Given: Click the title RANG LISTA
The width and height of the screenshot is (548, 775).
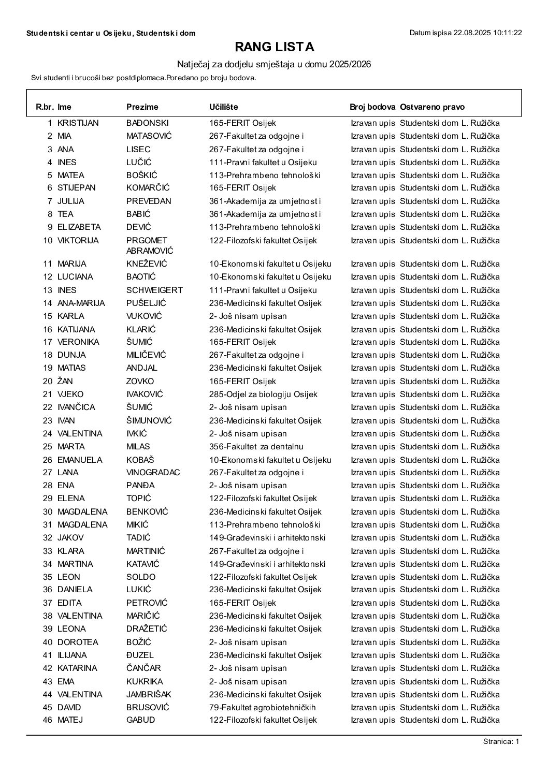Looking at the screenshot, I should (275, 47).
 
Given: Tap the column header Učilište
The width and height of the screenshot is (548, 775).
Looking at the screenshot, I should (224, 107).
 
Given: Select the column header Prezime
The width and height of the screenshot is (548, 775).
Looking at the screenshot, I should (142, 107).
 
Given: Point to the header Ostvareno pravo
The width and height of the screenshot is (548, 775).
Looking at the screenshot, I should (432, 107).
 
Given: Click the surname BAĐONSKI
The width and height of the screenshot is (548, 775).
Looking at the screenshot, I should (148, 123).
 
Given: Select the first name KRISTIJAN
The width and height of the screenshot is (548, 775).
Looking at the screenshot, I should (78, 123).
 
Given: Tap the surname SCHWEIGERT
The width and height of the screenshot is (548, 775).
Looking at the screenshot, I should (154, 290).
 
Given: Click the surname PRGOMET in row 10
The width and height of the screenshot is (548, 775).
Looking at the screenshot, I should (147, 240).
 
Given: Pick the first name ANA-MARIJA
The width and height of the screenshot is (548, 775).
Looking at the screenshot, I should (81, 303).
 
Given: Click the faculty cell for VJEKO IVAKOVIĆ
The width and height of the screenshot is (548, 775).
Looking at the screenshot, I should (263, 394).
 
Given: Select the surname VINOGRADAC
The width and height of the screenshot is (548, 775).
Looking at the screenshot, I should (153, 472).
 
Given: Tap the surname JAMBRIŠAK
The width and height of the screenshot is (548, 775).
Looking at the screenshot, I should (149, 694).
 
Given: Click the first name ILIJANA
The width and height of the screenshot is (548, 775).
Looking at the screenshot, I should (72, 655).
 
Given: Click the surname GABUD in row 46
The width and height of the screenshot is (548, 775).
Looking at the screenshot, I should (141, 720).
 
